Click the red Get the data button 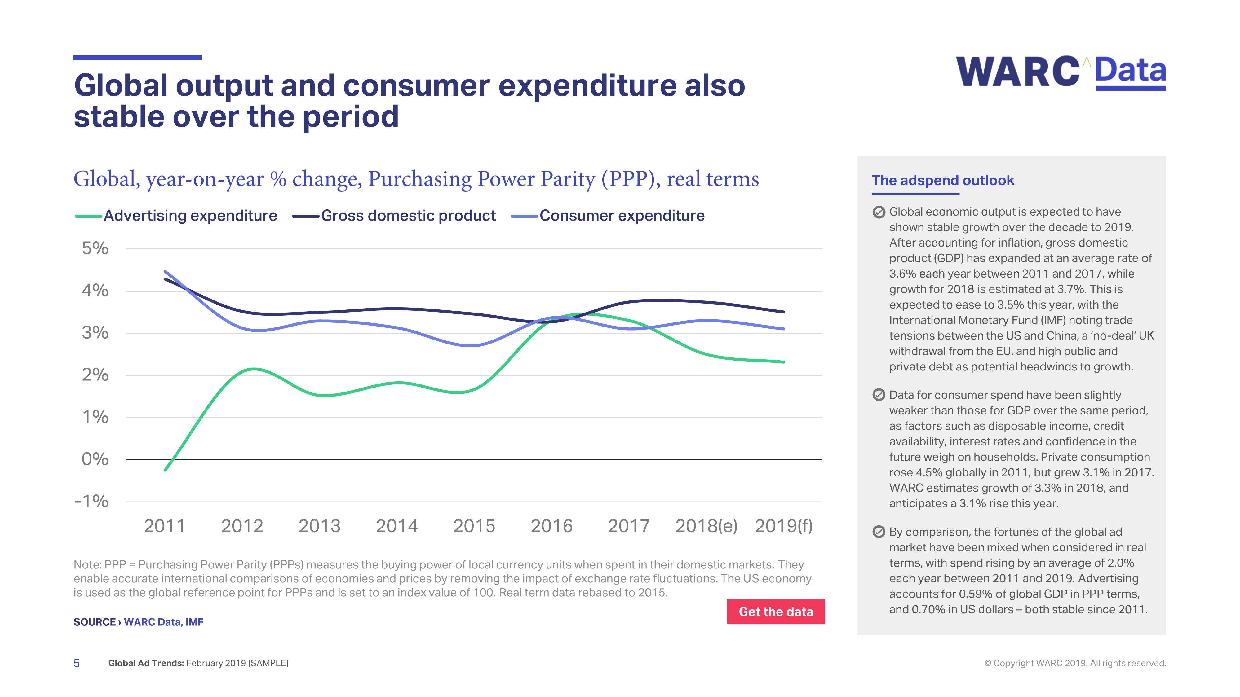click(776, 612)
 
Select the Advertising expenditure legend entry click(176, 216)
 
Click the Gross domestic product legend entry click(394, 216)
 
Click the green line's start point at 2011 click(165, 470)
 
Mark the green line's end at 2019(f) click(784, 362)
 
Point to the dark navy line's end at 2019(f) click(784, 312)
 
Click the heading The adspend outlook click(942, 180)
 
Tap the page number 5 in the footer click(77, 663)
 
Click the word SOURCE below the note click(94, 622)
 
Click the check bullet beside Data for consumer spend click(879, 395)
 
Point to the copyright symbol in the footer click(988, 663)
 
